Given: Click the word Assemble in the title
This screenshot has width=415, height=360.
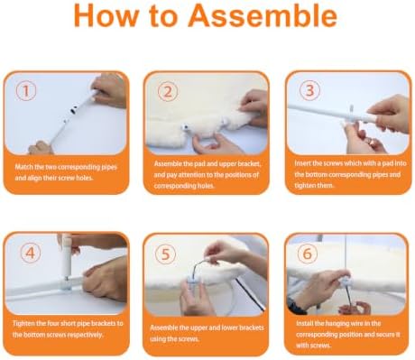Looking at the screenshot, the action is (x=263, y=15).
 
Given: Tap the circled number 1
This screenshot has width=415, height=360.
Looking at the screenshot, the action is (x=26, y=91).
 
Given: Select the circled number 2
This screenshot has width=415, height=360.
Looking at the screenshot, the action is (x=168, y=91).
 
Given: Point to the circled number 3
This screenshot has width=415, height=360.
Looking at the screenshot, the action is (x=309, y=90).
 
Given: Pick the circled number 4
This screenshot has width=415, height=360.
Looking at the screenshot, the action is (x=30, y=253).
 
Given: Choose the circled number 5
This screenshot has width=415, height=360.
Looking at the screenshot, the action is (x=166, y=254).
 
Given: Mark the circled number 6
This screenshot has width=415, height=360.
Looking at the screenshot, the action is (x=307, y=254).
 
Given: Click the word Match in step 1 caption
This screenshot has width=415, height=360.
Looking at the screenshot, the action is (x=23, y=167).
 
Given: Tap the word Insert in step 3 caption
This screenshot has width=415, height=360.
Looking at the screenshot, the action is (x=302, y=163).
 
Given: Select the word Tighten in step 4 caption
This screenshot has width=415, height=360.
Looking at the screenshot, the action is (x=23, y=324).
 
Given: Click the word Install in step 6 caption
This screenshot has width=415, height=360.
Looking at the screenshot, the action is (x=305, y=323).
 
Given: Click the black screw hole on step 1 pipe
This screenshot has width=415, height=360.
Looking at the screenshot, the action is (x=73, y=111).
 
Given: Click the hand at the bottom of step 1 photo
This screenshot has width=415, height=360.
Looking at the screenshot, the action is (x=40, y=148).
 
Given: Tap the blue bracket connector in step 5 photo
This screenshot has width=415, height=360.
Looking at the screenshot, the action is (x=193, y=282).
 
